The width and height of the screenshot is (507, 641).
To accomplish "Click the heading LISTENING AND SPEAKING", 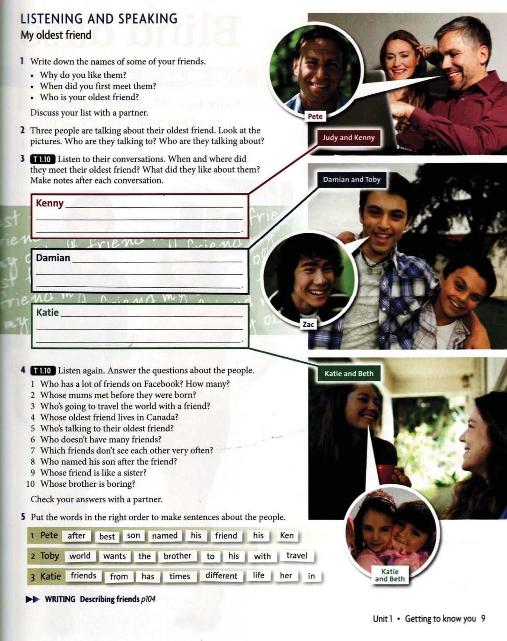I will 99,19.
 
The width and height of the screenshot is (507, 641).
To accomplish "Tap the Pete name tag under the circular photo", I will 315,117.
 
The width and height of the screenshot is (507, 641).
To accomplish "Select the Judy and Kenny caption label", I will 348,138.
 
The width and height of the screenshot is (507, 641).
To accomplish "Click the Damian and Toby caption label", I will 352,180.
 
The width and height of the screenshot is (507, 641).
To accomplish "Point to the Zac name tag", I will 308,324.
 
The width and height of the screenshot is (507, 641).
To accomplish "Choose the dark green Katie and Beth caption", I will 349,374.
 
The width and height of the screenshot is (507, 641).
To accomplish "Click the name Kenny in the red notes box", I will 49,203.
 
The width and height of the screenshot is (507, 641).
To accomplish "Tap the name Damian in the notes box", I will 53,258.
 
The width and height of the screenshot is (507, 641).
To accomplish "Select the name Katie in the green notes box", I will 47,312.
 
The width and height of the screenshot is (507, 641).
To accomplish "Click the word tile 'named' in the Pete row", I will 164,536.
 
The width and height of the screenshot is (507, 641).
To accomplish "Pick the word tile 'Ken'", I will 287,536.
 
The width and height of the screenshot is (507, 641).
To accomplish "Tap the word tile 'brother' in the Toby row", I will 177,556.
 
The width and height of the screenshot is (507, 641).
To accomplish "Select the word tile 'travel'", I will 297,556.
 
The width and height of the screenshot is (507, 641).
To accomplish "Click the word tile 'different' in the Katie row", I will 221,576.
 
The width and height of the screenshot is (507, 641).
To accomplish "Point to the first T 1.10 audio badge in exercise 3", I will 42,159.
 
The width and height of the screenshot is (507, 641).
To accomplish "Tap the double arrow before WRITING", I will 33,599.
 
